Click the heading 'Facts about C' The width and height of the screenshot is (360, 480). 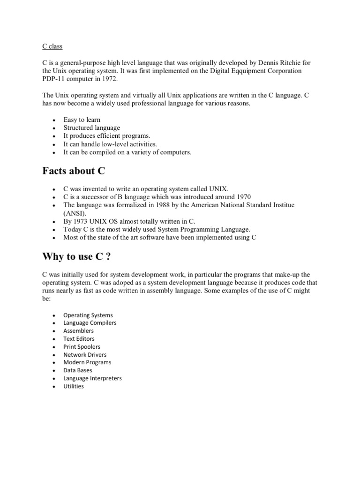(74, 171)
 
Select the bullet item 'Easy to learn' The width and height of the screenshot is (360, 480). (82, 120)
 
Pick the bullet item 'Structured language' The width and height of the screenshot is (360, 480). (91, 128)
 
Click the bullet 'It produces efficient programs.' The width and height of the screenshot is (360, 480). (106, 136)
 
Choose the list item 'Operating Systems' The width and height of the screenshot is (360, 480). (88, 315)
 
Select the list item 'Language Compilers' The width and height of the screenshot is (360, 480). (90, 323)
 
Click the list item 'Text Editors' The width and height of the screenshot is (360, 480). (79, 338)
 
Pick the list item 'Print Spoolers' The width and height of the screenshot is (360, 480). (82, 346)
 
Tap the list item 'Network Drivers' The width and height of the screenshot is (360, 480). (85, 354)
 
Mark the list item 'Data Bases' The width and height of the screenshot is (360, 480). (78, 370)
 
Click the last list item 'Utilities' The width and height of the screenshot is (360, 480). (74, 386)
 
